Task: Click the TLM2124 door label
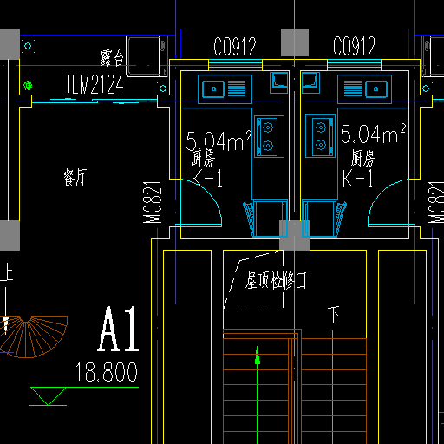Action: pos(95,84)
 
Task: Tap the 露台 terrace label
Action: pos(112,58)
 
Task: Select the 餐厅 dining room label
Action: pos(75,177)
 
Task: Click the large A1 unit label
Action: pos(118,329)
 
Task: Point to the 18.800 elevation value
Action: pos(107,372)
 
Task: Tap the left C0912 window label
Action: pos(235,47)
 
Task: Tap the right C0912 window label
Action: pos(354,46)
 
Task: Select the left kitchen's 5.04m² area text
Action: pos(219,140)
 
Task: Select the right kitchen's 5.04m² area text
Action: pos(373,134)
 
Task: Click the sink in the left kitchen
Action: pos(225,88)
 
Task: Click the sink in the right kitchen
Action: pos(364,88)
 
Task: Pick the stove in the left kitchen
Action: pos(269,136)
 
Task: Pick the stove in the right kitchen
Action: pos(320,136)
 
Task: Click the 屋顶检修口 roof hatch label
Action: pos(276,280)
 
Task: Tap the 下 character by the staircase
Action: pos(334,315)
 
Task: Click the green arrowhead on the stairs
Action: pos(258,356)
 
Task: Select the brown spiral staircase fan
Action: pos(33,336)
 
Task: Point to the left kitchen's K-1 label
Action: pos(207,179)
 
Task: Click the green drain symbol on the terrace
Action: pos(28,86)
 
